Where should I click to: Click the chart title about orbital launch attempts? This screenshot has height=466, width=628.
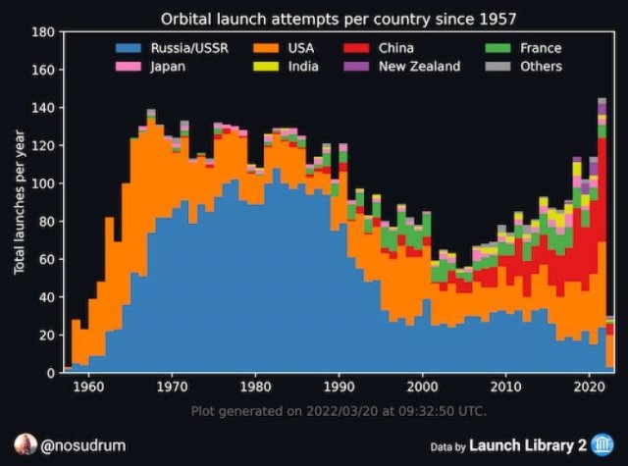(x=340, y=19)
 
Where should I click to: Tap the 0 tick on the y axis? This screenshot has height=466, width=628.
(x=46, y=373)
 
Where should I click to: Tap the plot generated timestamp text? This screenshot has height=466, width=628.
(x=339, y=410)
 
